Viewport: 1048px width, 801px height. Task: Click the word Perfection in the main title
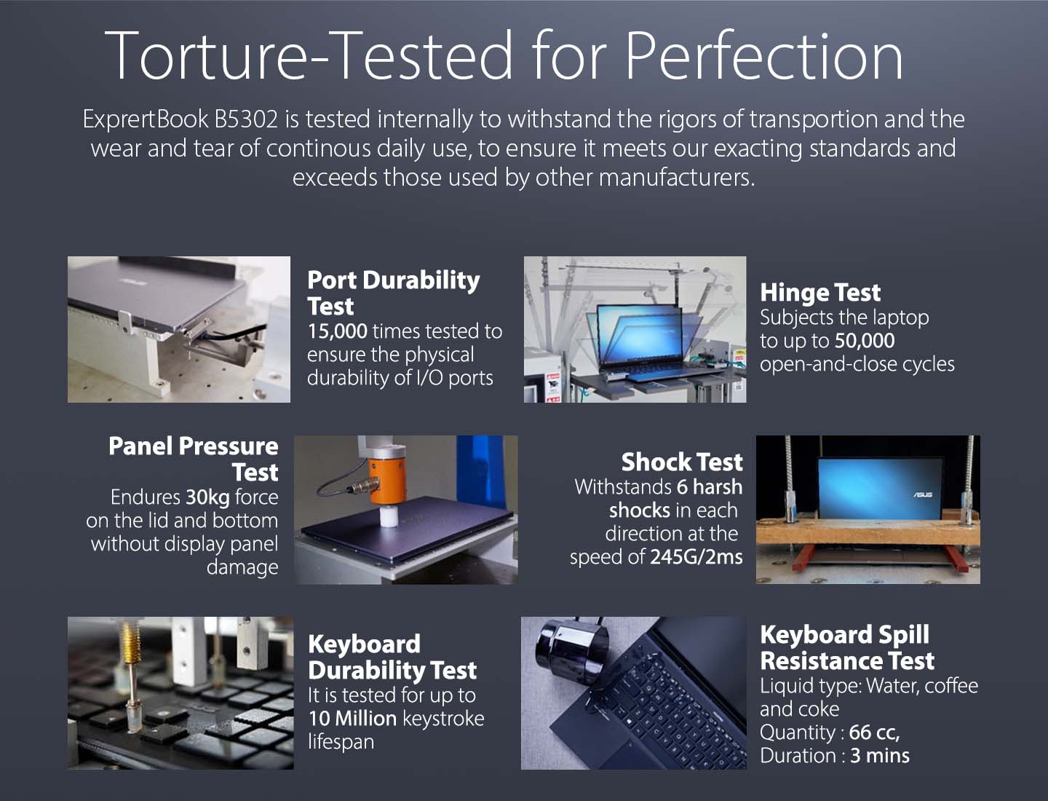tap(763, 55)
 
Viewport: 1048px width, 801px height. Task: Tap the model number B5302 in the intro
tap(246, 119)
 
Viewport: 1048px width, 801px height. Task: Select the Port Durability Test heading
tap(394, 293)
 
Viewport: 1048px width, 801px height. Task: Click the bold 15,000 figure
tap(338, 331)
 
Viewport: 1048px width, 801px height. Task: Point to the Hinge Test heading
tap(820, 292)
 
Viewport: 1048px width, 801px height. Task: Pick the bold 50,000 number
tap(865, 341)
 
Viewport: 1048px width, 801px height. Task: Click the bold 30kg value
tap(207, 497)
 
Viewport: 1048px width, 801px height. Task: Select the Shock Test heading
tap(682, 462)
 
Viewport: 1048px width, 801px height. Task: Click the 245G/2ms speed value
tap(696, 557)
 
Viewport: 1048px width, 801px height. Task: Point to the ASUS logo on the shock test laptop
tap(922, 494)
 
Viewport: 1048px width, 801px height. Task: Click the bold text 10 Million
tap(352, 719)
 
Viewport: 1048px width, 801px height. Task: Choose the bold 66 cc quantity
tap(874, 733)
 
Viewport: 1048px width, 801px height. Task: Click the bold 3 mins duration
tap(879, 756)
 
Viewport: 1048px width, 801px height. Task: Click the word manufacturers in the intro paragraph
tap(676, 178)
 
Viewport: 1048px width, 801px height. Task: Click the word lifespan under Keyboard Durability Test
tap(341, 742)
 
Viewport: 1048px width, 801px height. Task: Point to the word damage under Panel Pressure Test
tap(242, 567)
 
